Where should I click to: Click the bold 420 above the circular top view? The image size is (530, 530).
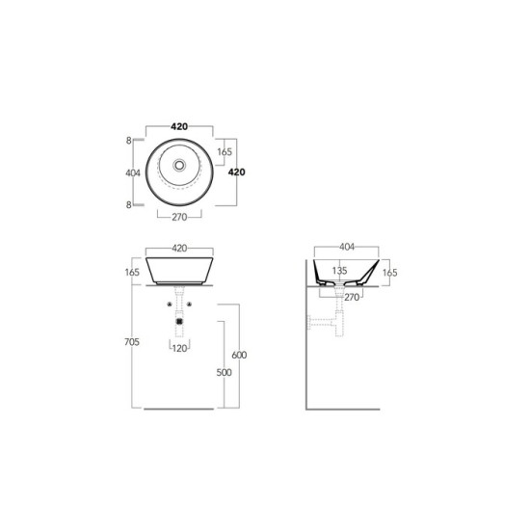179,127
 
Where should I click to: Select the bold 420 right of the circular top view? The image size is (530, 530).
237,172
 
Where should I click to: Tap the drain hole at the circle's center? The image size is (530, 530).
179,166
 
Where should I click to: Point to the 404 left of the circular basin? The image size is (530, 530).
133,173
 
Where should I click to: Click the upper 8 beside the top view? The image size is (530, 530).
128,141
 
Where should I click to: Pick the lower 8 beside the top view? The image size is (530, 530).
128,205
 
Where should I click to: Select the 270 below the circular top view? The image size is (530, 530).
179,217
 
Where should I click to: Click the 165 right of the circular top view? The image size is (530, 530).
225,151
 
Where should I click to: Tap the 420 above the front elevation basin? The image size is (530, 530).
179,248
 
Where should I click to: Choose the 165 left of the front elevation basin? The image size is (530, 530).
132,272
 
